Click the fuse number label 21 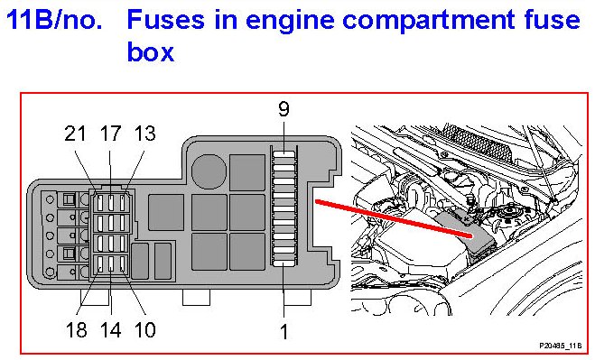pos(75,134)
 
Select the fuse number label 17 pos(110,134)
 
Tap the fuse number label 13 pos(145,134)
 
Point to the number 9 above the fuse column pos(284,109)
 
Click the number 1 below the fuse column pos(284,331)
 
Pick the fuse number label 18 pos(76,329)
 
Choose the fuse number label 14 pos(111,329)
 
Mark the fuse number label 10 pos(145,329)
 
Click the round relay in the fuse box pos(209,171)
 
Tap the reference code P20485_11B pos(560,346)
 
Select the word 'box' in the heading pos(150,51)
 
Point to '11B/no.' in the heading pos(55,19)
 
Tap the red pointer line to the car pos(394,218)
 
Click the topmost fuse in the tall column pos(284,154)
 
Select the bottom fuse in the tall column pos(284,263)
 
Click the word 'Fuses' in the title pos(165,19)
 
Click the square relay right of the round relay pos(247,172)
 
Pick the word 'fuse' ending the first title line pos(553,19)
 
